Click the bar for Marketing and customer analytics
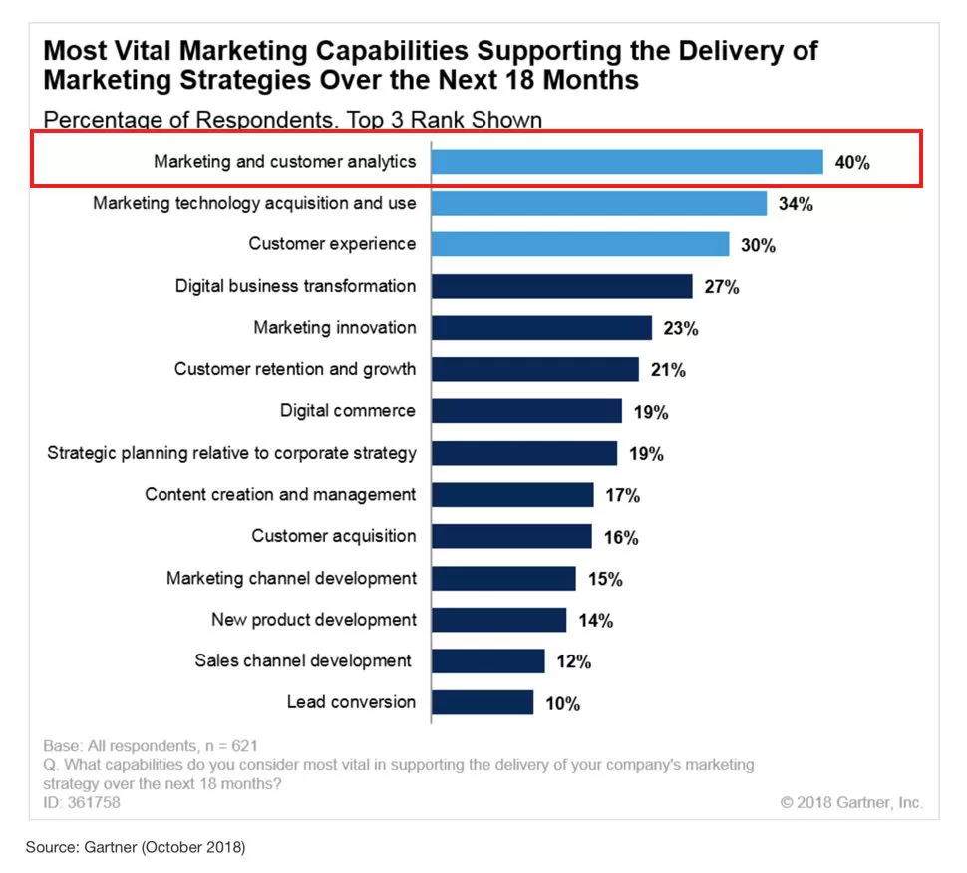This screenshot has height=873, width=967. point(627,162)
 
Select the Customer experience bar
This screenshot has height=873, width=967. point(580,244)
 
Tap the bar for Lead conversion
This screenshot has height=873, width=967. point(483,702)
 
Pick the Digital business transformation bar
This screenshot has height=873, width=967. point(561,286)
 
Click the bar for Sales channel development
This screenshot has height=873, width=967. point(488,660)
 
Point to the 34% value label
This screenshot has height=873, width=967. point(797,204)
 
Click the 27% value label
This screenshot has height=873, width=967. point(722,287)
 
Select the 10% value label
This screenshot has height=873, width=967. point(562,703)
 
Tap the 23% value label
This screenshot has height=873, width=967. point(681,328)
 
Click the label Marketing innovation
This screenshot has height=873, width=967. point(334,328)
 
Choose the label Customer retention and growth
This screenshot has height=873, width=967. point(295,369)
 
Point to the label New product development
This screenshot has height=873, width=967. point(314,620)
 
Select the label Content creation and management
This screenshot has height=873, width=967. point(280,495)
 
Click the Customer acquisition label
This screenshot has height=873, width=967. point(333,537)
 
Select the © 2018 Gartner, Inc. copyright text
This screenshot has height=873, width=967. point(851,802)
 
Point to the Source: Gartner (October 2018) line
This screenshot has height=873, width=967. point(135,848)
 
